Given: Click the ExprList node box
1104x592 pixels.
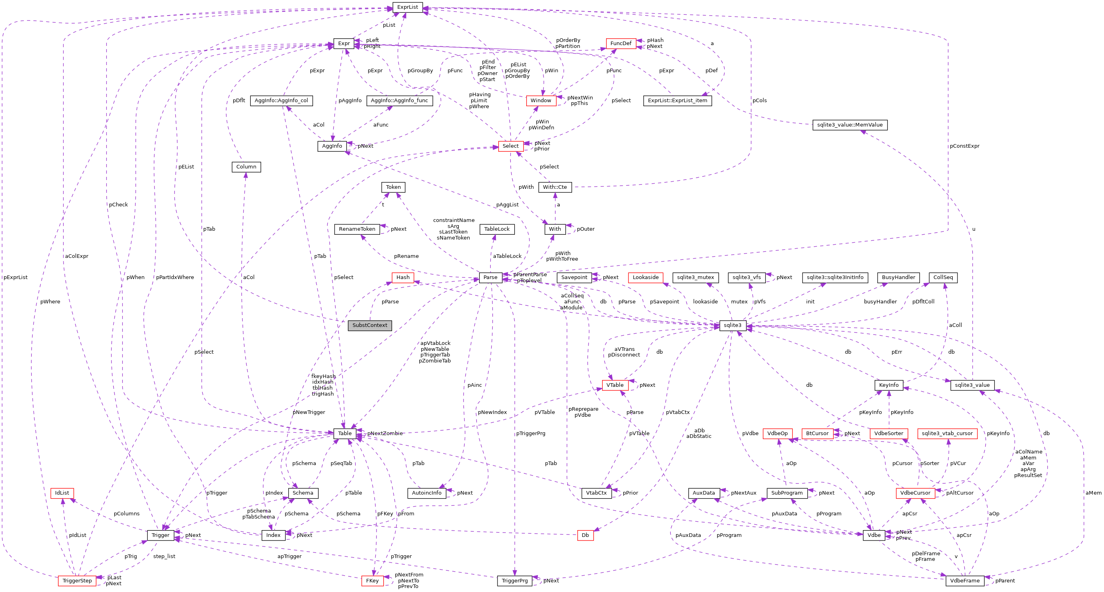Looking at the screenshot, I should [407, 7].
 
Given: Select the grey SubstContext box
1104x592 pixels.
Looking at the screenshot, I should [369, 325].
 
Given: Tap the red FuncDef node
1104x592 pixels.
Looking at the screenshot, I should [620, 43].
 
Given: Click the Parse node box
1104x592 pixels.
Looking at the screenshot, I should [490, 277].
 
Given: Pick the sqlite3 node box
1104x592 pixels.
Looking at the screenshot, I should [732, 325].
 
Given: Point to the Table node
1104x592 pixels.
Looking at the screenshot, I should [345, 434].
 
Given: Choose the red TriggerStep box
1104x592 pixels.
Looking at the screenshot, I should [77, 581].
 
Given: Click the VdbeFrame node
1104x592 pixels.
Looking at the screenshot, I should [965, 581].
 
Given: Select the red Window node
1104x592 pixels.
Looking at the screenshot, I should [541, 101].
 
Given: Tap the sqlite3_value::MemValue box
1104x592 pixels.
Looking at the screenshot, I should [849, 125].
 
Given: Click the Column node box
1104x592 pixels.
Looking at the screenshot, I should [246, 167].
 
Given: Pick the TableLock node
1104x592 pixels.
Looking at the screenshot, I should [497, 229].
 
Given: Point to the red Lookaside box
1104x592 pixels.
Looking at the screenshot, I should [645, 277].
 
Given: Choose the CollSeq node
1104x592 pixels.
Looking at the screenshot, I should [943, 277].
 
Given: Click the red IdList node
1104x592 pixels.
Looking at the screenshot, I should [62, 493].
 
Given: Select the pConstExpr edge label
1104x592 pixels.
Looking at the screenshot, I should [964, 146].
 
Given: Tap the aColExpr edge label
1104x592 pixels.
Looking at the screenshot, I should [77, 256].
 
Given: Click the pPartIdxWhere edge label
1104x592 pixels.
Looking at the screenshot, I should [175, 277].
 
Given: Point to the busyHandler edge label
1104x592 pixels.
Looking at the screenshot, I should [880, 301].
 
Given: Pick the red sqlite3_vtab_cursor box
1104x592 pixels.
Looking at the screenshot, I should [947, 434].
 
